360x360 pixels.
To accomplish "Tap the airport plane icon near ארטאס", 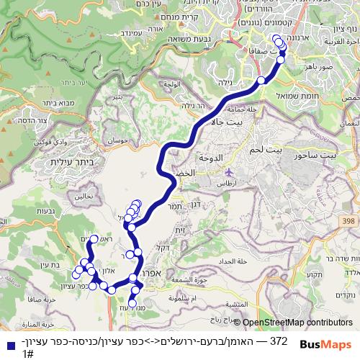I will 229,172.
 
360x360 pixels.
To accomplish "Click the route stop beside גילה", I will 261,81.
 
